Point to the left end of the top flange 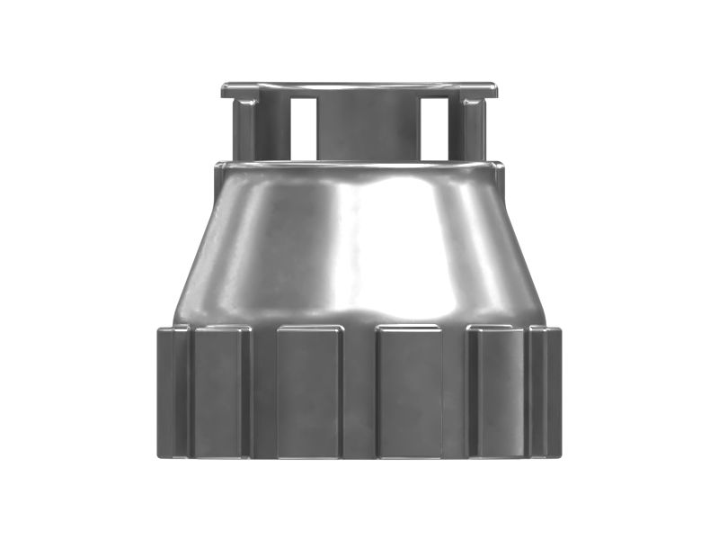click(225, 89)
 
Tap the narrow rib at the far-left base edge click(173, 391)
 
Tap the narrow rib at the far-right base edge click(546, 391)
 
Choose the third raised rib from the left click(309, 391)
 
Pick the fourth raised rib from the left click(409, 391)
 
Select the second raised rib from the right click(497, 391)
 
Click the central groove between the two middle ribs click(359, 391)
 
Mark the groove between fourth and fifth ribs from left click(455, 391)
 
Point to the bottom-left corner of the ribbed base click(160, 454)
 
